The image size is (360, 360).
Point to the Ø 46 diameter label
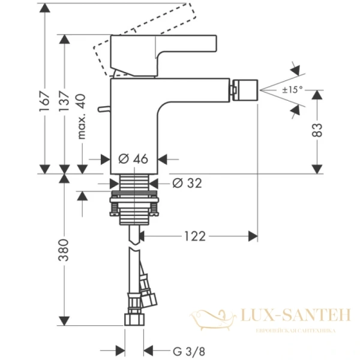[133, 160]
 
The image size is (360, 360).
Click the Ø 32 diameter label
[187, 184]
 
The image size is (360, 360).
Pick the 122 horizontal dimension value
[194, 236]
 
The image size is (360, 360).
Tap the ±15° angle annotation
[293, 89]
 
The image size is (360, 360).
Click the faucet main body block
[135, 120]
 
